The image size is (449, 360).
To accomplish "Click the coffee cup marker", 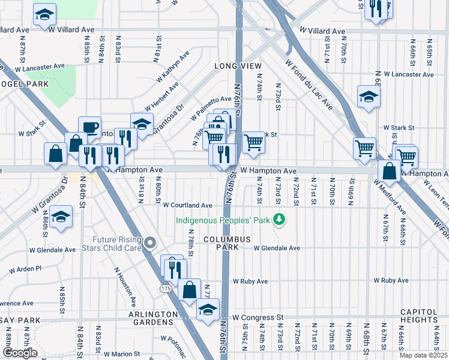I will (89, 127).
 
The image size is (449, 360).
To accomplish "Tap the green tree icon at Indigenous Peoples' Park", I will (278, 220).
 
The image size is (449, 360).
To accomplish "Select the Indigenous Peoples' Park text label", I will (221, 220).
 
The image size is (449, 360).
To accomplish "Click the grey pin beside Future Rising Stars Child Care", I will (150, 243).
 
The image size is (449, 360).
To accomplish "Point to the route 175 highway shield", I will (166, 289).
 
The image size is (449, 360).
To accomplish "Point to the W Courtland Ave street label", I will (187, 205).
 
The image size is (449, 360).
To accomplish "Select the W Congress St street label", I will (258, 317).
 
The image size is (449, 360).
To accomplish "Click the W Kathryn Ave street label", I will (172, 67).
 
